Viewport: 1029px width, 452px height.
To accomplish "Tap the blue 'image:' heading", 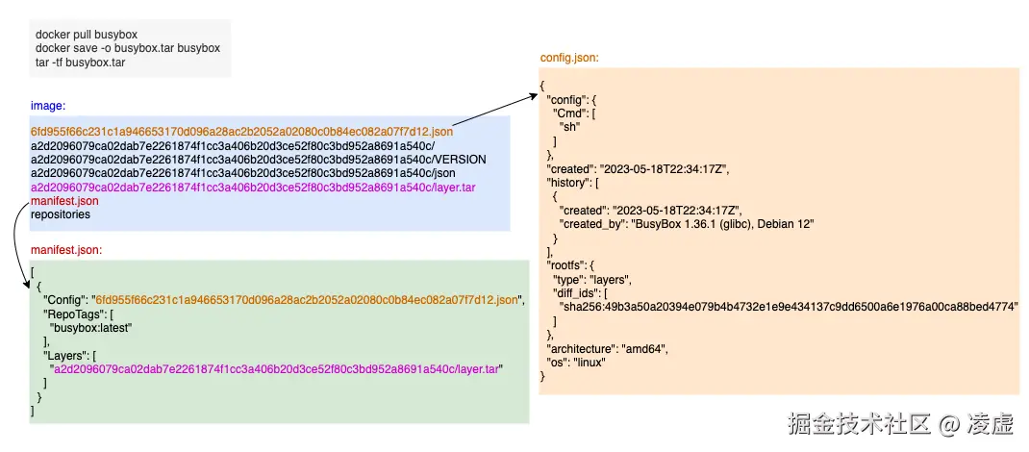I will point(48,105).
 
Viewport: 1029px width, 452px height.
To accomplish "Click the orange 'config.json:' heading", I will point(570,58).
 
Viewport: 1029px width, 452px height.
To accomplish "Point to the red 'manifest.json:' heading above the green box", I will point(66,250).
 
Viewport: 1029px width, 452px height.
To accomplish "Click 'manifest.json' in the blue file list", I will point(64,201).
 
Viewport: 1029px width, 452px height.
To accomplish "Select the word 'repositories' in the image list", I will point(61,214).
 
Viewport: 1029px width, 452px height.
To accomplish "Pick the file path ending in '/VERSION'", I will point(258,159).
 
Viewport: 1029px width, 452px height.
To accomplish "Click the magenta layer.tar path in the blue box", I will point(253,187).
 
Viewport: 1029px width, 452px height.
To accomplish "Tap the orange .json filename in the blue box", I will point(241,132).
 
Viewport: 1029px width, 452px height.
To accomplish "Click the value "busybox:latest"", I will point(90,327).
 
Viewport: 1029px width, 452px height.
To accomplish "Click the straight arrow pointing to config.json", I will point(493,110).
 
